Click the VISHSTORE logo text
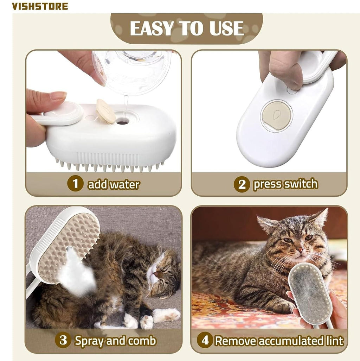[x=40, y=6]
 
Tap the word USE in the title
[x=227, y=28]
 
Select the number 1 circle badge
[x=75, y=184]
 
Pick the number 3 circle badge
[x=63, y=340]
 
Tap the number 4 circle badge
[x=205, y=341]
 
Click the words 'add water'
[x=114, y=184]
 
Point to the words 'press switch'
[x=285, y=184]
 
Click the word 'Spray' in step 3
[x=91, y=341]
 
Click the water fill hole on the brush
[x=122, y=122]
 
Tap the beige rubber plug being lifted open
[x=106, y=111]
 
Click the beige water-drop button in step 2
[x=277, y=115]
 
